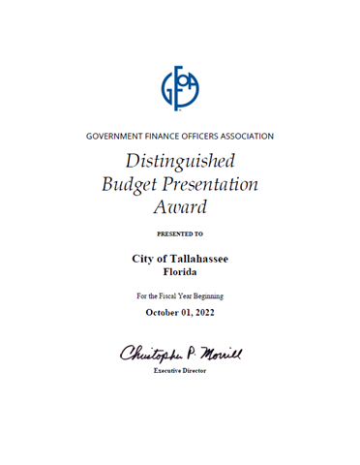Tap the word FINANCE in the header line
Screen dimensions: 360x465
(172, 136)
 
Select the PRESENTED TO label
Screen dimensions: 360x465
(179, 234)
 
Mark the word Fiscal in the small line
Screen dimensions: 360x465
(175, 294)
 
